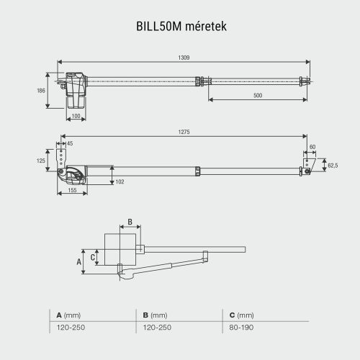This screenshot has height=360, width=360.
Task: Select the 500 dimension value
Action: pyautogui.click(x=257, y=96)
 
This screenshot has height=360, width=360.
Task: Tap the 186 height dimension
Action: pyautogui.click(x=40, y=90)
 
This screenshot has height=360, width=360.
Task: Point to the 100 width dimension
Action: pyautogui.click(x=76, y=116)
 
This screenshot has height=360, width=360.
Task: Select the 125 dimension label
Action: pyautogui.click(x=41, y=161)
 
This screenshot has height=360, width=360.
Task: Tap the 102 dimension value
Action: pyautogui.click(x=120, y=181)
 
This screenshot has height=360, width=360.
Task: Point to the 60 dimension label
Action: pyautogui.click(x=311, y=147)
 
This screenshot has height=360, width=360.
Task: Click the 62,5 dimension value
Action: pyautogui.click(x=332, y=165)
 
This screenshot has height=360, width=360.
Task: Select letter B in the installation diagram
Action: pyautogui.click(x=129, y=221)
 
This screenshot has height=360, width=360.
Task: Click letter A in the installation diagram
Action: pyautogui.click(x=80, y=262)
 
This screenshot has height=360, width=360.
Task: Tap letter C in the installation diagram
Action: pyautogui.click(x=93, y=256)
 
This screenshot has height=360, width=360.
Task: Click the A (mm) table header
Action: pyautogui.click(x=68, y=315)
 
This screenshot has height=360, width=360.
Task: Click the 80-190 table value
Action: pyautogui.click(x=241, y=328)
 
